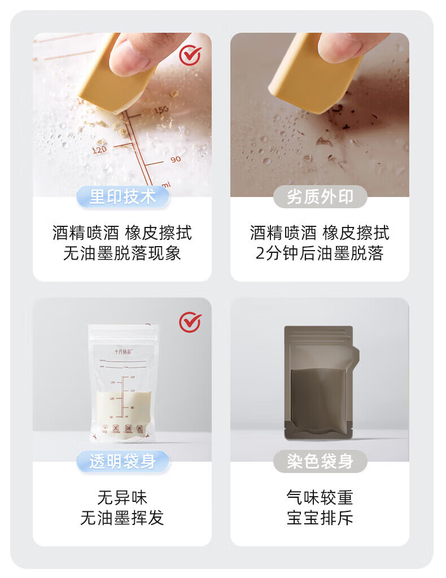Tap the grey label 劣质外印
[320, 196]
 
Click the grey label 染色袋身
[320, 461]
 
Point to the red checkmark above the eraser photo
[190, 55]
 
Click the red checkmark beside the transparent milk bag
[190, 322]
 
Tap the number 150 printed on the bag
[160, 110]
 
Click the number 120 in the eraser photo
[99, 150]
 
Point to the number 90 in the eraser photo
[176, 159]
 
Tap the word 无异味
[122, 498]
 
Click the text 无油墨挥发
[122, 518]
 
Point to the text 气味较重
[320, 498]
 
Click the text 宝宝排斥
[320, 518]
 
